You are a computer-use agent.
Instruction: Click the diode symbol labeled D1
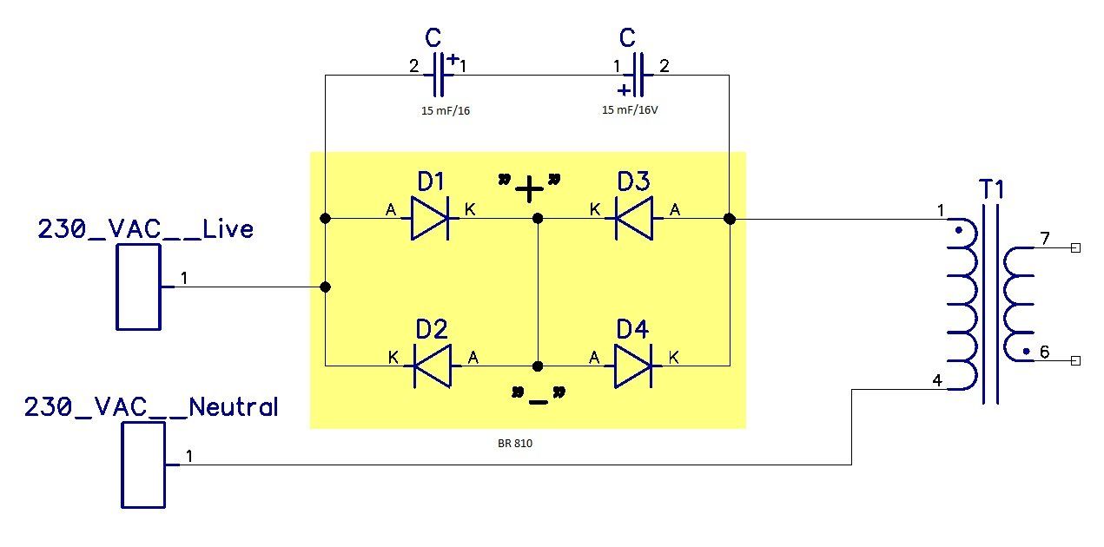(x=430, y=218)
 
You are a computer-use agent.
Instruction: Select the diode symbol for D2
(x=433, y=366)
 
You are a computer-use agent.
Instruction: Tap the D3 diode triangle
(x=634, y=218)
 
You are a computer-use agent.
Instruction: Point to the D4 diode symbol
(x=633, y=366)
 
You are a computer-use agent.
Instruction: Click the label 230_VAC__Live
(x=145, y=229)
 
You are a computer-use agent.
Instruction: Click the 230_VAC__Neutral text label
(x=151, y=407)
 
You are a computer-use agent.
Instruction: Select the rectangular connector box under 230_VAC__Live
(x=138, y=287)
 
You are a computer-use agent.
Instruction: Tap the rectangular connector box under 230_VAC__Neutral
(x=143, y=465)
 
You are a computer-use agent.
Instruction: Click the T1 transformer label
(x=991, y=189)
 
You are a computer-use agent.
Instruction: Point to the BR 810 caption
(x=515, y=444)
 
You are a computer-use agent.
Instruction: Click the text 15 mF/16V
(x=630, y=110)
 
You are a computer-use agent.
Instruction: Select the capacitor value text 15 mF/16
(x=446, y=111)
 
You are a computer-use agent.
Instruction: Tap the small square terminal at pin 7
(x=1076, y=247)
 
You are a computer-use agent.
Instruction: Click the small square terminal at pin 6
(x=1076, y=360)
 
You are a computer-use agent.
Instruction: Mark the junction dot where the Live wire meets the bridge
(x=325, y=287)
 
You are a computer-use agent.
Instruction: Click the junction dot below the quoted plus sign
(x=538, y=218)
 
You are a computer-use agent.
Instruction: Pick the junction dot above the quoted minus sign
(x=538, y=366)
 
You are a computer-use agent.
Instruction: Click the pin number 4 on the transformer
(x=937, y=380)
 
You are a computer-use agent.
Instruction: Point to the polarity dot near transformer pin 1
(x=959, y=230)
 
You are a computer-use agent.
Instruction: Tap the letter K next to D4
(x=674, y=357)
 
